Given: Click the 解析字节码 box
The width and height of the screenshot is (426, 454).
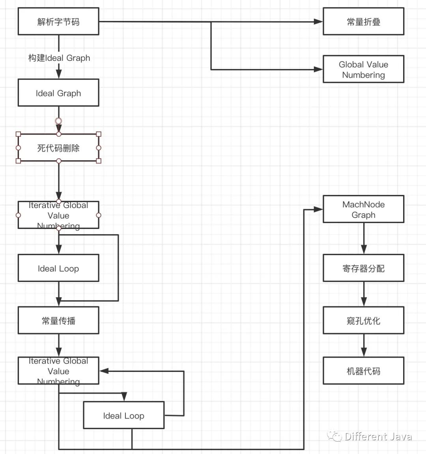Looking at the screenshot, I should pos(58,22).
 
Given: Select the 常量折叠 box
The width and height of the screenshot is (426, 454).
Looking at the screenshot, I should pos(363,22).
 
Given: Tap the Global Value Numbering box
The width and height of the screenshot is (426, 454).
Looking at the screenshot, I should pos(363,69).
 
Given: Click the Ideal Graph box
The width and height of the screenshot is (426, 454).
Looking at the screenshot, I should pos(58,93).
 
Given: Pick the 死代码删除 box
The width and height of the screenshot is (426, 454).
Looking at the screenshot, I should pos(58,148).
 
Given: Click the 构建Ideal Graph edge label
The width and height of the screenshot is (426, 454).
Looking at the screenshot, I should pos(59,58).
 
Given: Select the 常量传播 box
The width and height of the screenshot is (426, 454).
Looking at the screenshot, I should pos(58,321).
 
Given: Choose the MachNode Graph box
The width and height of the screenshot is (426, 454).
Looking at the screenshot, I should pos(363,209).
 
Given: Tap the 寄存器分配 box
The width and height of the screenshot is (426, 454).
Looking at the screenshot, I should pos(363,268).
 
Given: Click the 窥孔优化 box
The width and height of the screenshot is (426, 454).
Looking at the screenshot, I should pos(363,321).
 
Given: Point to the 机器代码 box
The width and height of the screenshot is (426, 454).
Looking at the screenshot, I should pos(363,371).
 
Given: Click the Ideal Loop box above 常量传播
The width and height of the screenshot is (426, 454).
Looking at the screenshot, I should pos(58,268).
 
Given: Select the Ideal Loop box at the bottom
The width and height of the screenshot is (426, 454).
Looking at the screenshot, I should pos(123,415).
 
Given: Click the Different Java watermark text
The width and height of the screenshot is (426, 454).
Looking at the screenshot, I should pos(378,437).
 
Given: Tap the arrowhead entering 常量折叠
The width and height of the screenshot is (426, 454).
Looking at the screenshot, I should pos(318,22).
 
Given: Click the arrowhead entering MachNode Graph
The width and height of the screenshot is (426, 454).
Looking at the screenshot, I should pos(318,209).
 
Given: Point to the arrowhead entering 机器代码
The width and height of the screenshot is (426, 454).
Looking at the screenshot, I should pos(364,352).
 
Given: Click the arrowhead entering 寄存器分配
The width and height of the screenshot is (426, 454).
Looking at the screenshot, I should pos(364,250).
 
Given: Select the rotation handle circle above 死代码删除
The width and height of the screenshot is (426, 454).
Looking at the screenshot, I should pos(58,121).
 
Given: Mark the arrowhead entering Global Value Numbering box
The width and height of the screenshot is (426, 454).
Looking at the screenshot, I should pos(318,69).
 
